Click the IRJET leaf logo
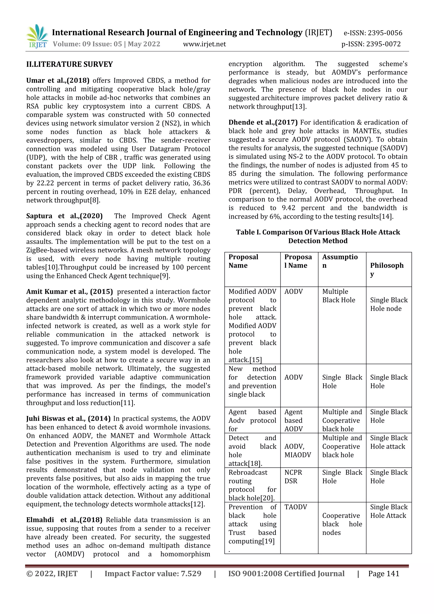click(38, 36)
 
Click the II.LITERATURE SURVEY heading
click(70, 64)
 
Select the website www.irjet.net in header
click(204, 44)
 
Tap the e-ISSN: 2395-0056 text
click(373, 33)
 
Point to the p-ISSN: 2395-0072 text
click(371, 44)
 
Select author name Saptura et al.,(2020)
click(64, 216)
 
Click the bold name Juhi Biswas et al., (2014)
click(68, 419)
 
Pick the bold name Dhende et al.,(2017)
click(263, 123)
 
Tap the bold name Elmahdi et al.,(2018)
click(64, 520)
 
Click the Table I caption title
click(318, 236)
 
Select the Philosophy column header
click(387, 269)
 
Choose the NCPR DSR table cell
click(293, 476)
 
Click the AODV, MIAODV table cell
click(297, 451)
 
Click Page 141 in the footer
click(384, 574)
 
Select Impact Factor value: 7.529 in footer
click(153, 574)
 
